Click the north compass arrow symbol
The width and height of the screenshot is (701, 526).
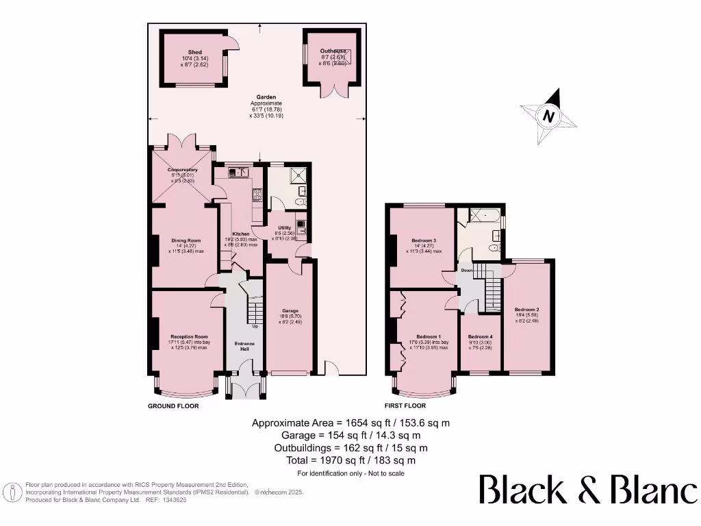(x=548, y=117)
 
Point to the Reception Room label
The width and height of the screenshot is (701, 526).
(x=189, y=337)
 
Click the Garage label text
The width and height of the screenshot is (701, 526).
(x=290, y=311)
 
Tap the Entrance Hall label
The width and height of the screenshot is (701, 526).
(x=244, y=347)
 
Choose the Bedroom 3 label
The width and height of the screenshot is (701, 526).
(x=424, y=240)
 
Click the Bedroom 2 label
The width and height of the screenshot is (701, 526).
(x=527, y=309)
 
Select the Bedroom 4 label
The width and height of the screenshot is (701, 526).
(x=480, y=337)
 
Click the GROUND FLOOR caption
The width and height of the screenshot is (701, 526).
(x=173, y=406)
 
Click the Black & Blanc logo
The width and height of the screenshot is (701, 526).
(x=587, y=491)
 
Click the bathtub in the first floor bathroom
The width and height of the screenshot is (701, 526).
(x=481, y=216)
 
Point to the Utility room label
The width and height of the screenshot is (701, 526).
(x=284, y=228)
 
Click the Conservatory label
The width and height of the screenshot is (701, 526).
(x=183, y=169)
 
